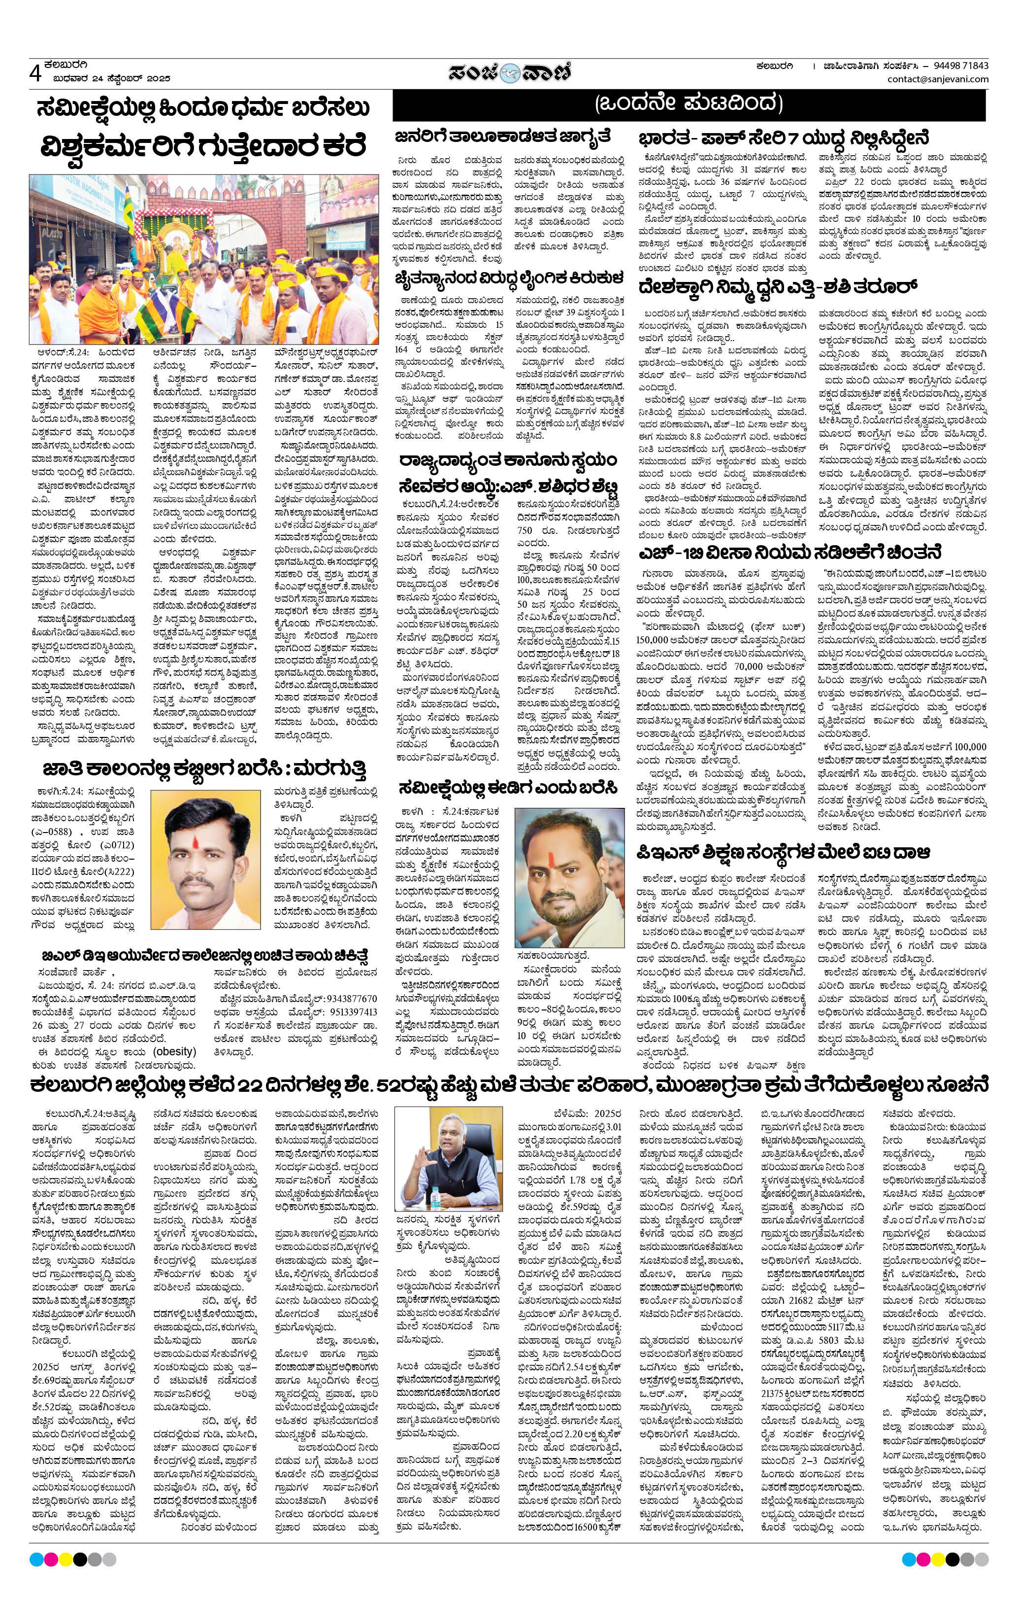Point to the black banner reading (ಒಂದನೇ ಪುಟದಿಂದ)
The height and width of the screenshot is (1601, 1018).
point(689,104)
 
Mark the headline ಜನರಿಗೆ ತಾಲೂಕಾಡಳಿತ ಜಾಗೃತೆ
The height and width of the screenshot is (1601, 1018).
point(504,137)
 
